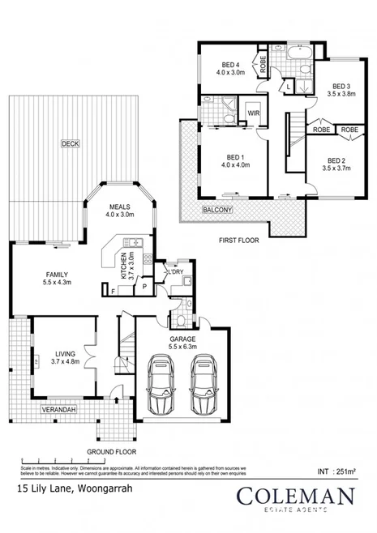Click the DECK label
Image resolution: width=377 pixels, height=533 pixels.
[x=71, y=143]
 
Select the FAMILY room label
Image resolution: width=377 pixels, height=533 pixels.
[x=57, y=277]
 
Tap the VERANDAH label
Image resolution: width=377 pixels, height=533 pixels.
[x=59, y=410]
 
